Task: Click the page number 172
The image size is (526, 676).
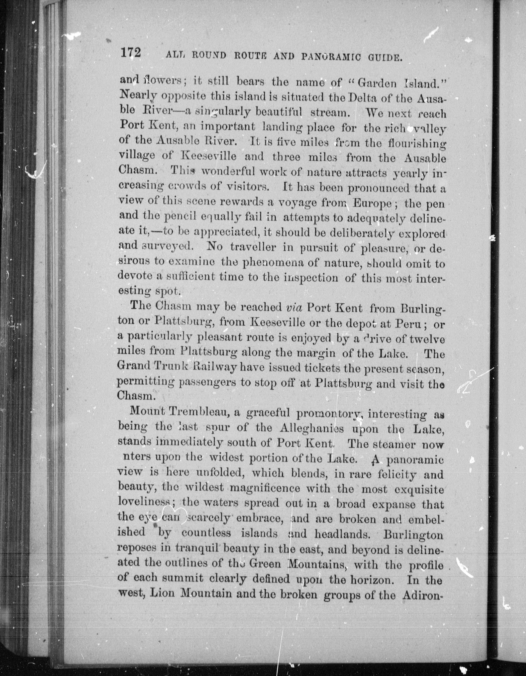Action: [x=131, y=53]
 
